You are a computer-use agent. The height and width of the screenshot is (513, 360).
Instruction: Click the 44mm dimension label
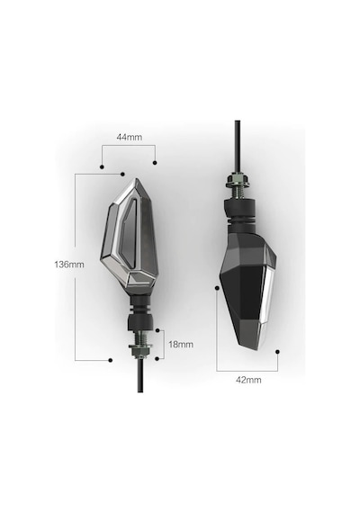[130, 137]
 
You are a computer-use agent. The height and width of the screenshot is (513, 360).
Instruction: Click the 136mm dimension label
[69, 265]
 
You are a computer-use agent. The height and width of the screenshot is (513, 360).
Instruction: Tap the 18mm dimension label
[181, 344]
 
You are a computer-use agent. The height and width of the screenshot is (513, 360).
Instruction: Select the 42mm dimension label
[248, 380]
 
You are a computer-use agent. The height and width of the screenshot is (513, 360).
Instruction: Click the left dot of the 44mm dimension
[102, 166]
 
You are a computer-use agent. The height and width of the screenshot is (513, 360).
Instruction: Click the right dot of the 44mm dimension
[155, 163]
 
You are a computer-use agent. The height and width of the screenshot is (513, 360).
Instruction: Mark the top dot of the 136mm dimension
[123, 174]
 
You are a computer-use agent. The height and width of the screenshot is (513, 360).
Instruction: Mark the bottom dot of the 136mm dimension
[111, 360]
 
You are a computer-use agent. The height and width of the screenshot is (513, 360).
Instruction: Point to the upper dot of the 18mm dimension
[157, 330]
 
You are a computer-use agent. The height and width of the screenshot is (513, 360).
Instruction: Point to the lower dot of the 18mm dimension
[157, 358]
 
